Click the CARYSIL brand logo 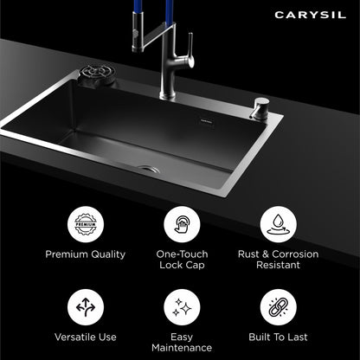click(x=310, y=15)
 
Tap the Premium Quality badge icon click(x=86, y=224)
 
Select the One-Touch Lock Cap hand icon click(x=182, y=224)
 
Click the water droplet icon click(x=278, y=224)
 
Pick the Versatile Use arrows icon click(x=86, y=307)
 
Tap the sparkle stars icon click(x=182, y=307)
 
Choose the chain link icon click(x=278, y=307)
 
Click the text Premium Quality click(x=86, y=254)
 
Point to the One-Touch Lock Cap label click(x=182, y=260)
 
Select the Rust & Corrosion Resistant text click(x=278, y=260)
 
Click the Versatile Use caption click(x=86, y=337)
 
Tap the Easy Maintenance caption click(x=182, y=343)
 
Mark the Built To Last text click(x=278, y=337)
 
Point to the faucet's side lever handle click(x=190, y=50)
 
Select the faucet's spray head click(x=138, y=32)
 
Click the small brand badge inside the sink click(x=207, y=122)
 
